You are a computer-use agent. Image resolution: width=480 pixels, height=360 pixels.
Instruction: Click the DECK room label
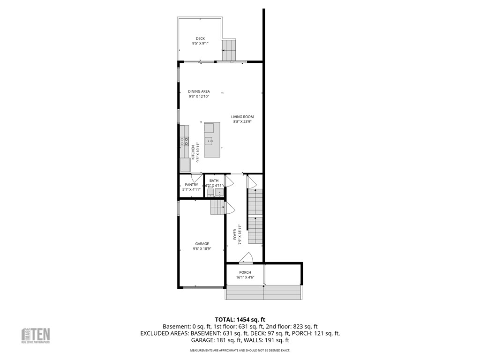click(200, 38)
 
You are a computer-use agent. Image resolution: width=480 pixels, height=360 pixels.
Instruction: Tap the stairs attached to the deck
click(230, 50)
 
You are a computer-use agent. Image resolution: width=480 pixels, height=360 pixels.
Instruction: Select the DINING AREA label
click(199, 91)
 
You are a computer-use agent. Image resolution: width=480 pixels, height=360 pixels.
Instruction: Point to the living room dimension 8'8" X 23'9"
click(242, 122)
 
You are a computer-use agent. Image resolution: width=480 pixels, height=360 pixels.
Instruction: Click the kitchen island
click(212, 140)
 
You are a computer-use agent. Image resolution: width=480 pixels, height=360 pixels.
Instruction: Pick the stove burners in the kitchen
click(186, 141)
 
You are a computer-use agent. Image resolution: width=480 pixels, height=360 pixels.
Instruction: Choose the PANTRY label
click(191, 185)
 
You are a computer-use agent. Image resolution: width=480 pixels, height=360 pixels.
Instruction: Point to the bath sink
click(219, 192)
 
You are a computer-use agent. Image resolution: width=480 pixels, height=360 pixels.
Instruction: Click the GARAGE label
click(202, 244)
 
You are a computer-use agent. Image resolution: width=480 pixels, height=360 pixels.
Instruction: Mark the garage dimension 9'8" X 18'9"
click(202, 249)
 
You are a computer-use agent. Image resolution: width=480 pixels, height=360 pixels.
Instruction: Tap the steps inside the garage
click(217, 206)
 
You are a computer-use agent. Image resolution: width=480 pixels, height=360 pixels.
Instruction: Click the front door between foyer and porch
click(246, 258)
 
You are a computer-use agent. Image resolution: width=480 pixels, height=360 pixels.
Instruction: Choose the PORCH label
click(245, 272)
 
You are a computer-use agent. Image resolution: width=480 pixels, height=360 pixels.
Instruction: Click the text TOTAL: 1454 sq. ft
click(240, 319)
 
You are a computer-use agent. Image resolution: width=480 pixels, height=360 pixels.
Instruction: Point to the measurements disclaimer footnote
click(240, 350)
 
